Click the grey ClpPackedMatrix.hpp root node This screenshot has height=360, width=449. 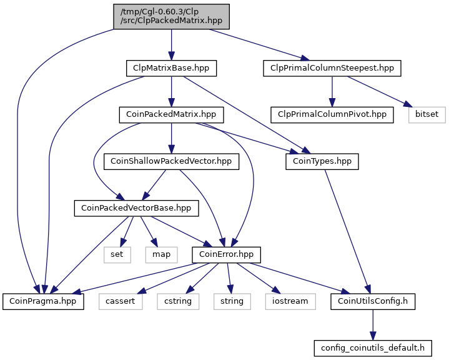tap(171, 16)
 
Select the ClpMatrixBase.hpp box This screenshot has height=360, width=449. tap(171, 68)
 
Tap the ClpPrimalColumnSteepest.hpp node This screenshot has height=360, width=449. tap(332, 68)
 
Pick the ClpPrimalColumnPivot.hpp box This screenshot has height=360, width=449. tap(332, 115)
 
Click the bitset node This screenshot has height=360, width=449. tap(427, 115)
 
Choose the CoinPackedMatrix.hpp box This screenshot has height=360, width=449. tap(171, 115)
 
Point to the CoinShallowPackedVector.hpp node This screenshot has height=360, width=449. tap(171, 162)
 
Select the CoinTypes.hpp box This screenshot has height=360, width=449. tap(322, 162)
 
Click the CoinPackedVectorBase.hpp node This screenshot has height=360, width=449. tap(136, 208)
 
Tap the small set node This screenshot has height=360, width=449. tap(117, 255)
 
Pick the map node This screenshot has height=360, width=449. tap(162, 255)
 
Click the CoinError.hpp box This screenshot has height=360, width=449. tap(226, 255)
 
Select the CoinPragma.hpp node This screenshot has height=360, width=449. tap(43, 301)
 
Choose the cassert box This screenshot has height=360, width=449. tap(121, 301)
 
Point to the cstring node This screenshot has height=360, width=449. tap(178, 301)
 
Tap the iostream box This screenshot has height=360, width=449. tap(290, 301)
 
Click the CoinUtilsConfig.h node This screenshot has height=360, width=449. tap(373, 301)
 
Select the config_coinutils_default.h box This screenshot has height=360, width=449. tap(373, 348)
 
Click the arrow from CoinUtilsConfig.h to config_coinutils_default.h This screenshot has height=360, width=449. tap(373, 325)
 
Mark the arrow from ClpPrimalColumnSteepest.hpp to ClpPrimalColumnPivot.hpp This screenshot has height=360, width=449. tap(332, 92)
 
